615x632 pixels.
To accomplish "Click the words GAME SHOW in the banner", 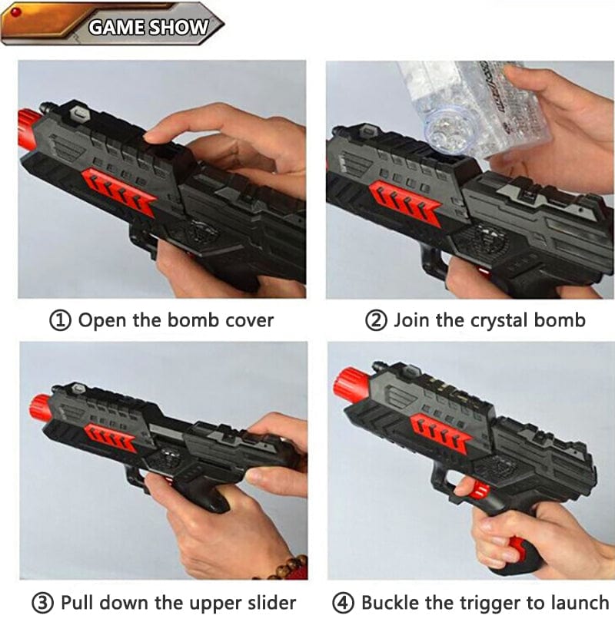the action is tap(148, 28).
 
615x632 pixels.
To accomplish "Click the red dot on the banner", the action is tap(17, 12).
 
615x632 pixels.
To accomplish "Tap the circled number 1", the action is tap(60, 321).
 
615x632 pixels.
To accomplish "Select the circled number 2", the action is tap(376, 321).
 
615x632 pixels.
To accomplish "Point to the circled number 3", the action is tap(42, 604).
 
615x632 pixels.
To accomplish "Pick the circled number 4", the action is tap(343, 604).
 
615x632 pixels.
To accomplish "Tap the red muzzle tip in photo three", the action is tap(39, 408).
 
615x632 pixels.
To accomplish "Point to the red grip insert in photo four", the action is tap(519, 550).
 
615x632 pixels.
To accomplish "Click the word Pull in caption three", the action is tap(77, 603).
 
